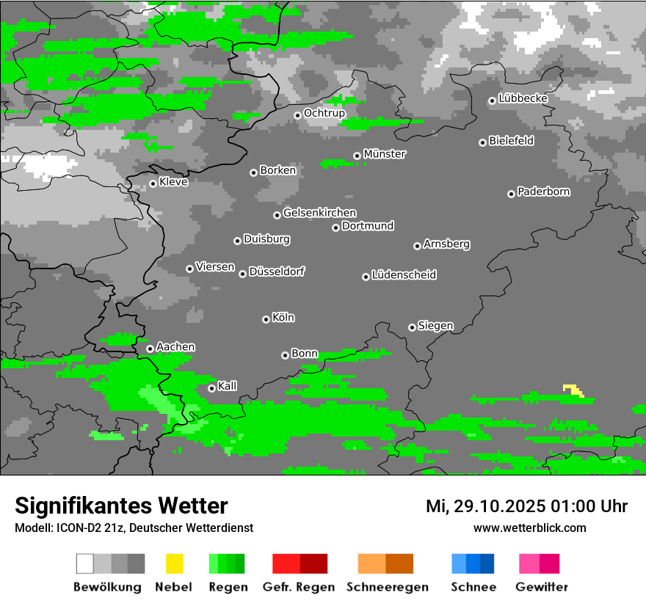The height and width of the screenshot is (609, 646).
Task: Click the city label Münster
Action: (385, 154)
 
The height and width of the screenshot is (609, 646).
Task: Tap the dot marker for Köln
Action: (266, 319)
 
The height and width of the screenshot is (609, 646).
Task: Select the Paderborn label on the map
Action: (544, 192)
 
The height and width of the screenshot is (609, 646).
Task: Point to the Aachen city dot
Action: (150, 349)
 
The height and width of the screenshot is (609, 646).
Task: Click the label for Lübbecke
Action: (523, 98)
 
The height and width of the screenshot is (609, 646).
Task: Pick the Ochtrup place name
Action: (324, 113)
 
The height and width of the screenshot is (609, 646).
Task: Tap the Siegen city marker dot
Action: (412, 327)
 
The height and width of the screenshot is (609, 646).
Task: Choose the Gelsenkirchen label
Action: (319, 213)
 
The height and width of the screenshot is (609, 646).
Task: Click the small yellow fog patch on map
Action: (573, 390)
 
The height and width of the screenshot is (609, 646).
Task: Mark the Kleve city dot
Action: (153, 183)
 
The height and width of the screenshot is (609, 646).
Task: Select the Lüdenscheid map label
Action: (404, 274)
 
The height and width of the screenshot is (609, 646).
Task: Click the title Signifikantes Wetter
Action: (121, 506)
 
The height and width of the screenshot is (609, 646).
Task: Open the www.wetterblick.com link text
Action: (530, 528)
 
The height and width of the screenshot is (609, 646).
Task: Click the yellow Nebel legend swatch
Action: (174, 564)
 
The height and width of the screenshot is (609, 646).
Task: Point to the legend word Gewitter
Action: (542, 587)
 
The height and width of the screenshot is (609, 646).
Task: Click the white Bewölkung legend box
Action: (85, 564)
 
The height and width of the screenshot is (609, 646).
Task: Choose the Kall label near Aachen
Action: (228, 386)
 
